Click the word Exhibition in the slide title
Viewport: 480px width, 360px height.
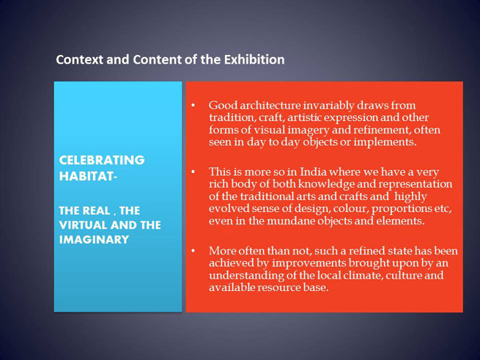click(x=254, y=59)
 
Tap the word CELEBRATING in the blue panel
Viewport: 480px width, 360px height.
click(x=102, y=161)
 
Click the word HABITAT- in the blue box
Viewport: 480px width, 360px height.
click(x=88, y=176)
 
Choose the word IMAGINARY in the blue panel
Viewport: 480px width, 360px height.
click(x=94, y=240)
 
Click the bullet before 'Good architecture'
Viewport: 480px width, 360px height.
click(x=193, y=106)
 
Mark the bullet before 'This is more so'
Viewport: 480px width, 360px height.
click(x=193, y=172)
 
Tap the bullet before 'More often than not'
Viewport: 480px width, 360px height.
click(x=193, y=251)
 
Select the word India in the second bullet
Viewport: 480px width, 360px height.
click(x=313, y=172)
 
